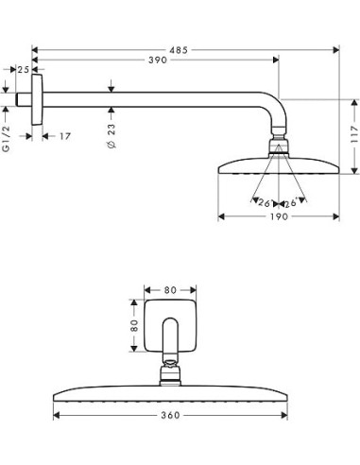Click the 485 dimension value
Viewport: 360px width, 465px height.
point(179,50)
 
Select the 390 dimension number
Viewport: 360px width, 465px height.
point(158,60)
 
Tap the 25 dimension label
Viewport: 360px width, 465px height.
point(23,70)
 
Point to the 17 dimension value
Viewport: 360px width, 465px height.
point(65,136)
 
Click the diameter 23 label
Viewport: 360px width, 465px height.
point(111,136)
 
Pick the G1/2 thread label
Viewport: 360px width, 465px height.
point(6,139)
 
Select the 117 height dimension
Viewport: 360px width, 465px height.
point(354,134)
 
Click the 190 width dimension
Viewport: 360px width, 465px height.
point(279,216)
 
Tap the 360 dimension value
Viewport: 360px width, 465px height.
point(170,415)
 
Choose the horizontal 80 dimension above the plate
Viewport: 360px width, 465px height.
point(170,290)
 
